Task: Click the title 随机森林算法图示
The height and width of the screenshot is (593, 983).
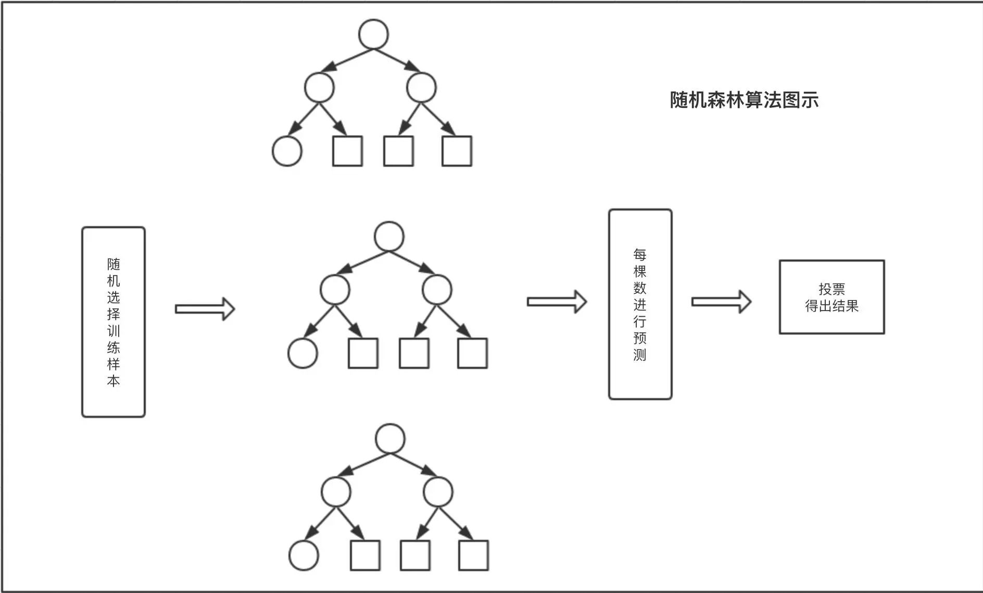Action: pyautogui.click(x=744, y=100)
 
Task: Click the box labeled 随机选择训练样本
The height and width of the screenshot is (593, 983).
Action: pyautogui.click(x=113, y=322)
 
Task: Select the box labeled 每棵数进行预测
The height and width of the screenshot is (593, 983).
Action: pyautogui.click(x=640, y=304)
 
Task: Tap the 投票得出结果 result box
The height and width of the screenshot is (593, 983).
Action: pyautogui.click(x=831, y=297)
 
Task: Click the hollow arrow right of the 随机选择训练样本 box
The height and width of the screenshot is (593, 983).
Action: pyautogui.click(x=205, y=309)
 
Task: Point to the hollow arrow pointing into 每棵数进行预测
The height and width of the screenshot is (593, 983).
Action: pyautogui.click(x=557, y=302)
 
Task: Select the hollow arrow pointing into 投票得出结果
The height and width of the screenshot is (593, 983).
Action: pyautogui.click(x=721, y=302)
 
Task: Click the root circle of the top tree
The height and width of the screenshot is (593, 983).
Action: pyautogui.click(x=373, y=34)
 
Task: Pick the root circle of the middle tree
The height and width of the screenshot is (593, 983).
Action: pyautogui.click(x=389, y=237)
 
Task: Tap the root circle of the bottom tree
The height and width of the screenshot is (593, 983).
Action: pyautogui.click(x=390, y=439)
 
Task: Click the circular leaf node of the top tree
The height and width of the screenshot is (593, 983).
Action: pyautogui.click(x=287, y=151)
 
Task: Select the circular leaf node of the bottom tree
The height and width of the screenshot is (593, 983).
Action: pyautogui.click(x=304, y=555)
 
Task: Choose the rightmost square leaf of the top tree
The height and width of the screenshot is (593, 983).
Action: pyautogui.click(x=457, y=151)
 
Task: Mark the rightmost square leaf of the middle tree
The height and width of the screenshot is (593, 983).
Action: pyautogui.click(x=472, y=353)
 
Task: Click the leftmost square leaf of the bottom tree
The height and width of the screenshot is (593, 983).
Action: pyautogui.click(x=365, y=555)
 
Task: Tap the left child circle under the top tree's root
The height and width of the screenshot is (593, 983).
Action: pyautogui.click(x=319, y=88)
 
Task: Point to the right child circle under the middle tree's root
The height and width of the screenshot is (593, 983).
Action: pyautogui.click(x=437, y=290)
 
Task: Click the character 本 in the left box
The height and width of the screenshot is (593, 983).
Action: pyautogui.click(x=113, y=381)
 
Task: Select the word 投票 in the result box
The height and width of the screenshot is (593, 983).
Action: pyautogui.click(x=831, y=289)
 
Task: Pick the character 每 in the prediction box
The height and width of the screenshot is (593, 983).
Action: pyautogui.click(x=640, y=255)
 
